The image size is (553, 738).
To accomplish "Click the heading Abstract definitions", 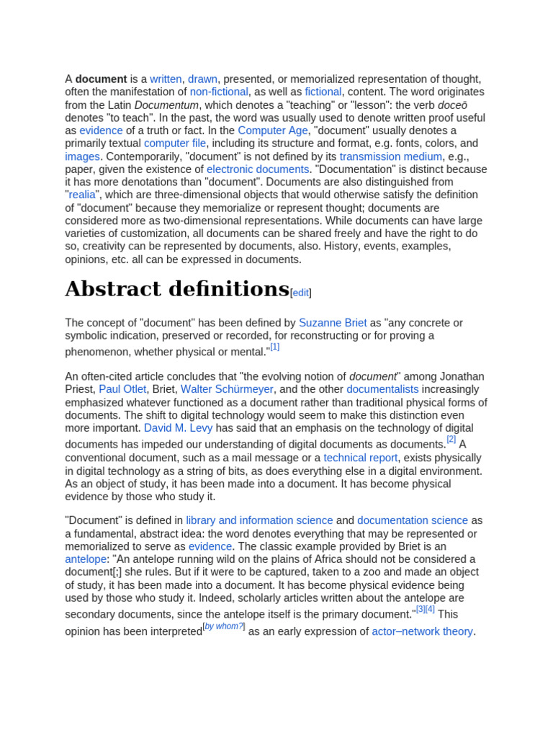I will [x=177, y=289].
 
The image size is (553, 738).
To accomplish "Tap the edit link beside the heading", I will [x=300, y=293].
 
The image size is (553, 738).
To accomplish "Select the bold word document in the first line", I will [x=101, y=79].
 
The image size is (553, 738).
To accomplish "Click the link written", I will [x=166, y=79].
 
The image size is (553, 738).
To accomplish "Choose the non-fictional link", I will [x=219, y=92].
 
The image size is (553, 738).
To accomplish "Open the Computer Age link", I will [x=271, y=130].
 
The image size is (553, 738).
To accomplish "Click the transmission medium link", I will [x=391, y=156].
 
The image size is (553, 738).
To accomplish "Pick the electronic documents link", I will [x=258, y=169].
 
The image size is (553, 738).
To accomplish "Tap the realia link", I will [x=81, y=195].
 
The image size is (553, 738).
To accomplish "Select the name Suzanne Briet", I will [x=333, y=323].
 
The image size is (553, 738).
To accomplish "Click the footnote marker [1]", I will [x=274, y=347].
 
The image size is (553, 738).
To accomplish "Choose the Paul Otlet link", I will [x=122, y=389].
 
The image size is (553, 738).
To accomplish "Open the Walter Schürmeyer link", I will [x=227, y=389].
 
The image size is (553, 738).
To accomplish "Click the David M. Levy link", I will [x=178, y=428].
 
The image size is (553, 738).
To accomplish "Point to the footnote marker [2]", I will [x=451, y=439].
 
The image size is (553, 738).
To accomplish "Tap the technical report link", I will [x=360, y=458].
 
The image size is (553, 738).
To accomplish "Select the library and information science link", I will [x=259, y=520].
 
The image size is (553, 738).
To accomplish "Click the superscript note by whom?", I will [x=224, y=626].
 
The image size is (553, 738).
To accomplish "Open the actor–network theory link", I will [x=422, y=631].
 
